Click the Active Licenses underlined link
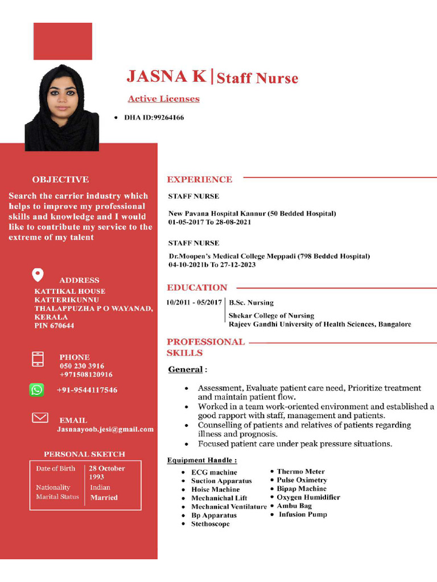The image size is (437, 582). coord(163,99)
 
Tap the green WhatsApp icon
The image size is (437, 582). coord(36,390)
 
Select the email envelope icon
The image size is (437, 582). coord(40,418)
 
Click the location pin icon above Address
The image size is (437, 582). coord(38,275)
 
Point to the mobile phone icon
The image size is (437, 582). coord(38,359)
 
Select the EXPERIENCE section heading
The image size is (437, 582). coord(199,180)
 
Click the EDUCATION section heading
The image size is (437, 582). coord(197,288)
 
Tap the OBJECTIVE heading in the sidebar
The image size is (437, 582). coord(60,180)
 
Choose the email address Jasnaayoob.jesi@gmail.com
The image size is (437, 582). coord(105,430)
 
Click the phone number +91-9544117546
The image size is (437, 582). coord(87,390)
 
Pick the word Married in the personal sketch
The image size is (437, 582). coord(104,497)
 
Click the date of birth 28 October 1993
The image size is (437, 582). coord(106,473)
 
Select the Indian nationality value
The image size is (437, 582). coord(100,488)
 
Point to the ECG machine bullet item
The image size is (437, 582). coord(214,472)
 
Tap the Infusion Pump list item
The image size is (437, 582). coord(303,514)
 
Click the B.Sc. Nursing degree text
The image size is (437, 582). coord(251,303)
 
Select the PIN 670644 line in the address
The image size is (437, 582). coord(54,326)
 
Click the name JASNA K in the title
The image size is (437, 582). coord(166,76)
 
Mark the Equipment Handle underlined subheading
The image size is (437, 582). coord(202,460)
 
